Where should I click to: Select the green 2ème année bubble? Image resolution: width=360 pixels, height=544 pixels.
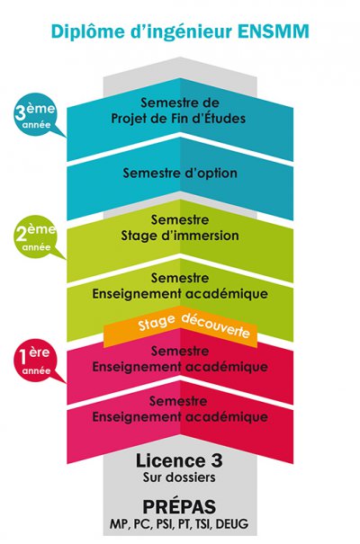click(36, 238)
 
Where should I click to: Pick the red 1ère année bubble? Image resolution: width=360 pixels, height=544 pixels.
click(34, 361)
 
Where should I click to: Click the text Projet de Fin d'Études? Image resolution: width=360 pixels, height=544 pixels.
click(178, 119)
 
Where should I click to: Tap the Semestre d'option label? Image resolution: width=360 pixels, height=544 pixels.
click(180, 173)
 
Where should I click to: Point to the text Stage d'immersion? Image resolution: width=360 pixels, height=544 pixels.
click(180, 236)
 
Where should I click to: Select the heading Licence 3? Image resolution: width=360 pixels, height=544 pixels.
click(179, 460)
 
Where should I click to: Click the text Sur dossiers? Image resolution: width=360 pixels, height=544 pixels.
click(179, 477)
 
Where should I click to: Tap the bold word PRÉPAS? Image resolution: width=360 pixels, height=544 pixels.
click(179, 506)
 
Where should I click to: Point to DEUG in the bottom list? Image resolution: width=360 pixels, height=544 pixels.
click(232, 523)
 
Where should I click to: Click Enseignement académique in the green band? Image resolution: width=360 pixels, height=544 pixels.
click(180, 294)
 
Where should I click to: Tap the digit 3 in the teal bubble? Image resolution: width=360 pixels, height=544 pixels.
click(19, 113)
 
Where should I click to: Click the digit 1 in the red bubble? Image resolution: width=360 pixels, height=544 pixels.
click(22, 356)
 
